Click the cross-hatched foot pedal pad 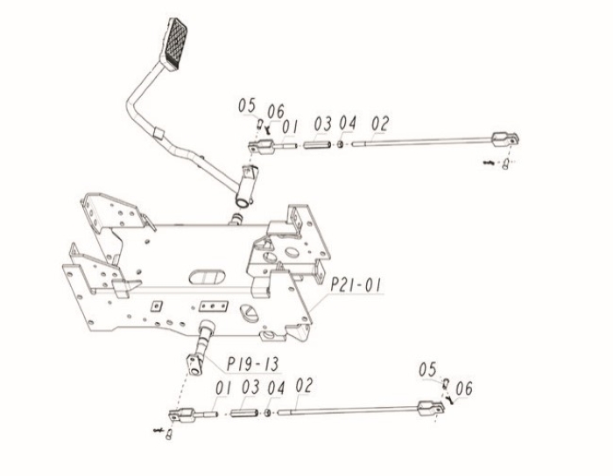coord(174,43)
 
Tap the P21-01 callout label coord(355,284)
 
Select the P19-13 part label coord(252,364)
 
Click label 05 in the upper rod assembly coord(247,106)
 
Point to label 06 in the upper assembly coord(276,112)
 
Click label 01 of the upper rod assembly coord(290,127)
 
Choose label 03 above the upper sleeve coord(323,123)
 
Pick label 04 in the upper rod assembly coord(347,123)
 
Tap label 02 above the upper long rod coord(380,123)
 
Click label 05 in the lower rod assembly coord(427,369)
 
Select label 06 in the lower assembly coord(464,388)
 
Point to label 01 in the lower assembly coord(223,388)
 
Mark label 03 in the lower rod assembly coord(250,387)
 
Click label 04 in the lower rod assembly coord(276,388)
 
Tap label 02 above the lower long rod coord(304,385)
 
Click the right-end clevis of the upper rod coord(505,139)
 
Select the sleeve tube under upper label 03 coord(317,145)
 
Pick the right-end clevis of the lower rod coord(431,408)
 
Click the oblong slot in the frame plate coord(208,276)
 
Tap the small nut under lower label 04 coord(268,413)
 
